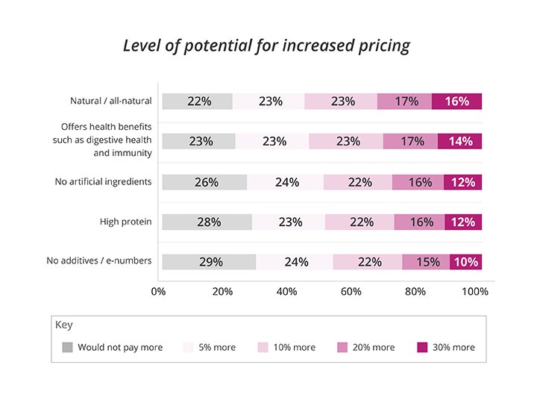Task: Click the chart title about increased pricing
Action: tap(266, 45)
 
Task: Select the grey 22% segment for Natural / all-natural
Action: tap(198, 102)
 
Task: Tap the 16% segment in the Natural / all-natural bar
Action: tap(456, 102)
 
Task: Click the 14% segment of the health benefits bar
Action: tap(459, 141)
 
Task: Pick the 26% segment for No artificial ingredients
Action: tap(204, 181)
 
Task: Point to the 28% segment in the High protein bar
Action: tap(207, 222)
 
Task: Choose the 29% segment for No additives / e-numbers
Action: tap(209, 262)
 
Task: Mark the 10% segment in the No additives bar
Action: tap(466, 262)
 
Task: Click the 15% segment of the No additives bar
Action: tap(426, 262)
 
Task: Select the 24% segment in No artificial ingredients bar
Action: tap(286, 181)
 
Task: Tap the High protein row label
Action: tap(126, 222)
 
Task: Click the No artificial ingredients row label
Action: tap(104, 181)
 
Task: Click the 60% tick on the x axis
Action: tap(351, 291)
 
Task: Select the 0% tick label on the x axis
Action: tap(158, 291)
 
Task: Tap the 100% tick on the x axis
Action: tap(475, 291)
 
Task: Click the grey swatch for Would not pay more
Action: tap(68, 347)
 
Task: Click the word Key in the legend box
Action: tap(64, 325)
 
